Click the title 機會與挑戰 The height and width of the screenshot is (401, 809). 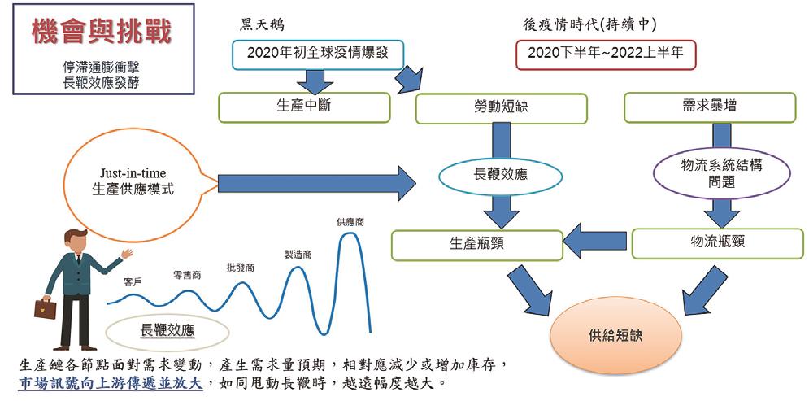point(101,33)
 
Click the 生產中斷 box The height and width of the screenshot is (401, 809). point(305,107)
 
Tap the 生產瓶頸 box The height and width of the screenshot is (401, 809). point(476,245)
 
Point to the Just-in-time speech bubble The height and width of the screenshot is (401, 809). point(133,184)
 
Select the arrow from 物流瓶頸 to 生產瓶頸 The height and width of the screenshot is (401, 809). point(596,242)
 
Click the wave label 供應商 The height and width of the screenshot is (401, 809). point(350,221)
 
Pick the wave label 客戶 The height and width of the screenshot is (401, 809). point(133,281)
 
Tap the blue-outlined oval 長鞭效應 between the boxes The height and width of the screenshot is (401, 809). point(501,174)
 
